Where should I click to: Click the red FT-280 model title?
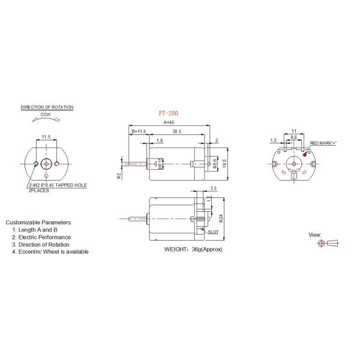point(170,112)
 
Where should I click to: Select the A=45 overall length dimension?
point(170,123)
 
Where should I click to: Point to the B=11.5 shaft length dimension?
point(139,131)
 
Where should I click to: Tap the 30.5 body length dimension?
point(176,131)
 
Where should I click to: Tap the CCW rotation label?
point(46,114)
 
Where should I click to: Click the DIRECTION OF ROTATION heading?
point(47,107)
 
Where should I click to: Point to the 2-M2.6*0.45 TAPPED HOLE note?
point(57,185)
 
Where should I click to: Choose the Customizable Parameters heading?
point(38,222)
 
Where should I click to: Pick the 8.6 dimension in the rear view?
point(293,137)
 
